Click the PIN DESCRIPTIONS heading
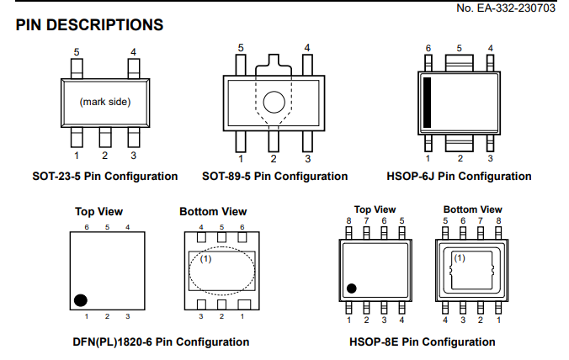click(89, 25)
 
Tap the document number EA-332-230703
click(516, 8)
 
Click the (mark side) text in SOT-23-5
click(105, 102)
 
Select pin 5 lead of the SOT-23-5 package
click(77, 68)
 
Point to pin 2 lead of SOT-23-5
click(105, 137)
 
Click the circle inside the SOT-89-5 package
click(274, 103)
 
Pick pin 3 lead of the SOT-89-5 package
click(307, 141)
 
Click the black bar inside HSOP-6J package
click(428, 103)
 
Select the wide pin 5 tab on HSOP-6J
click(459, 63)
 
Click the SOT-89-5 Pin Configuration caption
click(274, 176)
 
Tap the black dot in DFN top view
click(81, 300)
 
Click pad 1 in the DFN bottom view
click(244, 304)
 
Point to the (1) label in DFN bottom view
click(205, 259)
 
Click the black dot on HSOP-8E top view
click(352, 289)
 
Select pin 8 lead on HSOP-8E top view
click(348, 233)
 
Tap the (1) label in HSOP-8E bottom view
click(460, 258)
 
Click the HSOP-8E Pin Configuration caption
click(423, 341)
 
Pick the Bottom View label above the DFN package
click(213, 211)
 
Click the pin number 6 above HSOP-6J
click(428, 48)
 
